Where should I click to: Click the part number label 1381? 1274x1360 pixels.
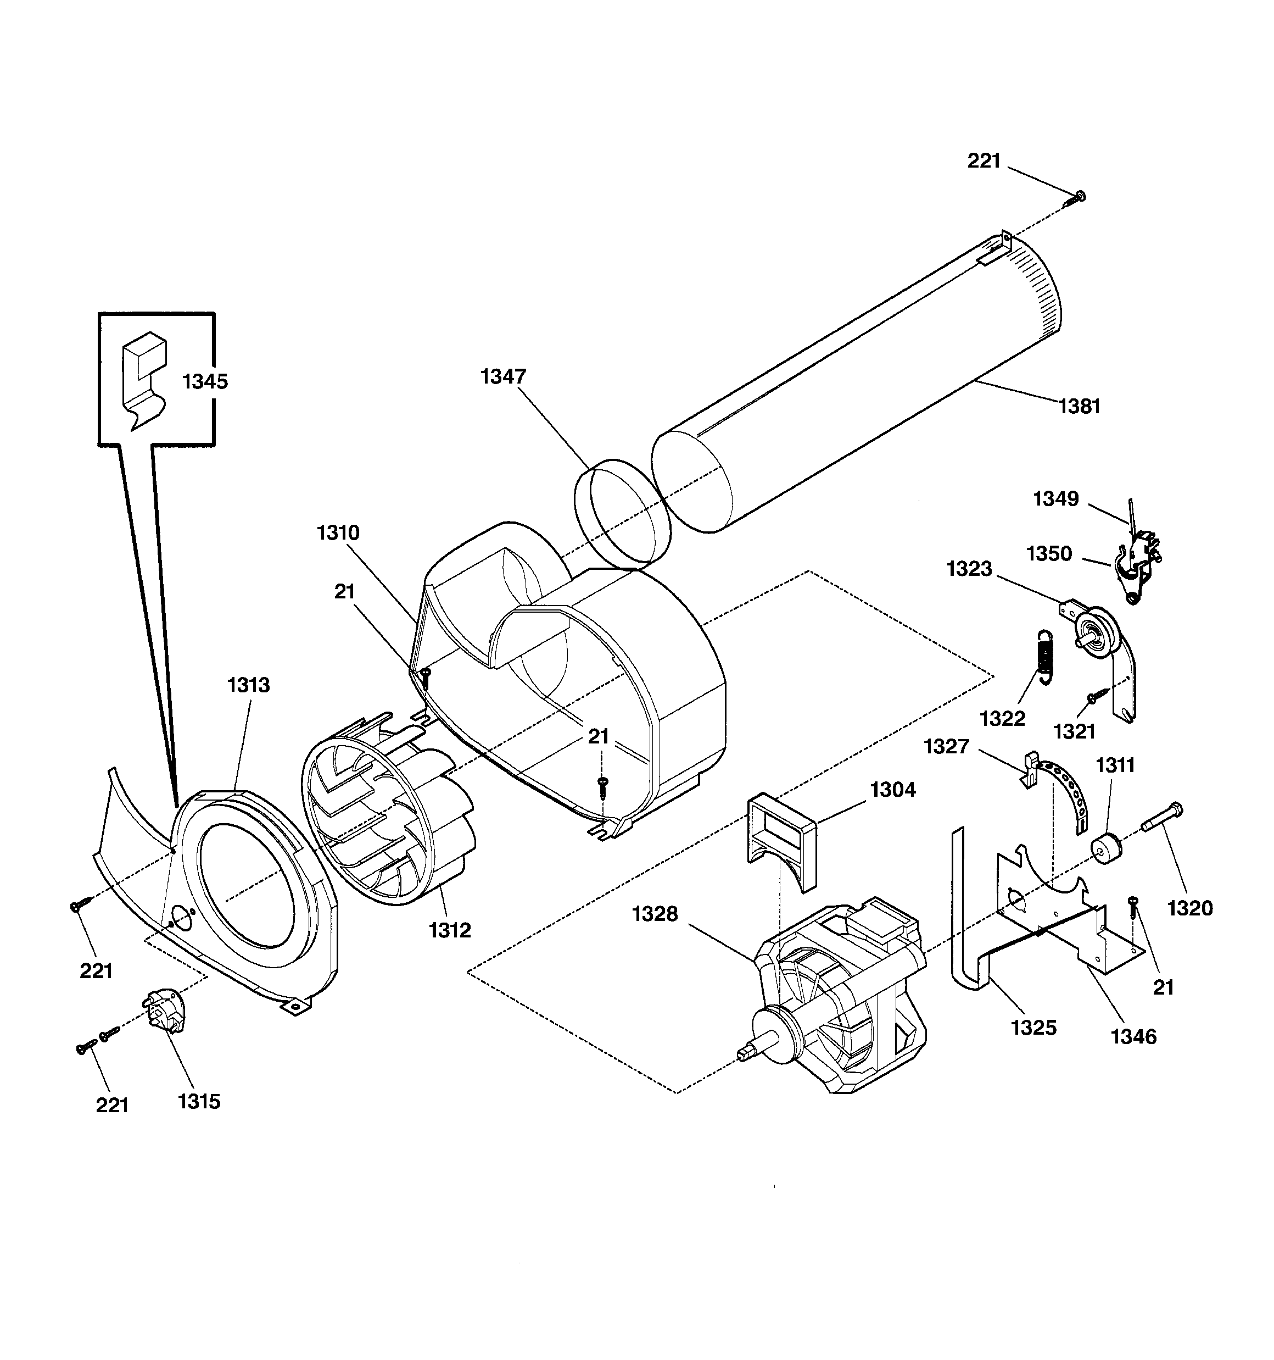(1079, 407)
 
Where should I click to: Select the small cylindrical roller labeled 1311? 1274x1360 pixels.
(1108, 848)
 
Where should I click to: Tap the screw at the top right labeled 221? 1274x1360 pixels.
(1078, 198)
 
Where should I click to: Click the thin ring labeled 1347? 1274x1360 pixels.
(622, 514)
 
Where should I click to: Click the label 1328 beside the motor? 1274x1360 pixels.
(655, 914)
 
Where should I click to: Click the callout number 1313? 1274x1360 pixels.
(248, 685)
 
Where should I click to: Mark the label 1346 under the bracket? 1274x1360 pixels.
(1133, 1037)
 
